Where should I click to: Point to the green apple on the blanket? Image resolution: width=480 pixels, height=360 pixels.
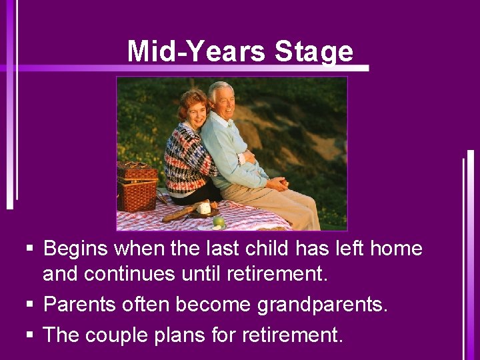click(x=218, y=221)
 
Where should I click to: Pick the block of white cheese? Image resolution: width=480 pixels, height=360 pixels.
click(x=203, y=209)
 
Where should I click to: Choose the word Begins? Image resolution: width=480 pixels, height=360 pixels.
click(x=76, y=249)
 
